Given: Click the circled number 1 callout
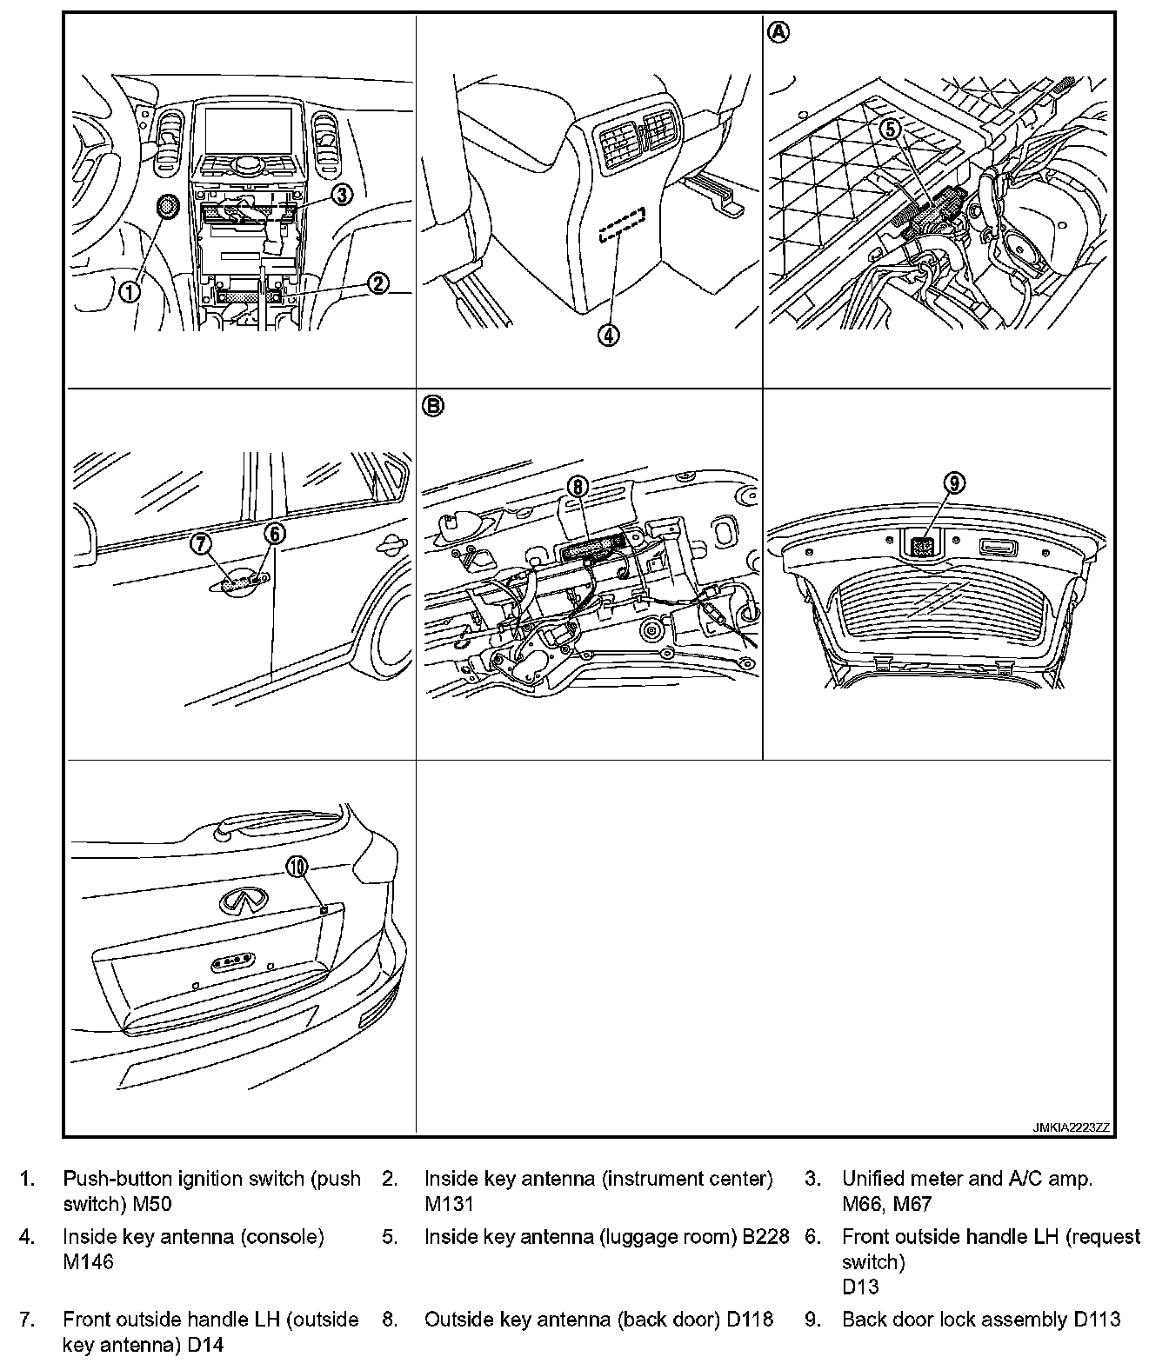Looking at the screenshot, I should tap(130, 292).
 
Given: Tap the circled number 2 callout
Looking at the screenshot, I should tap(377, 283).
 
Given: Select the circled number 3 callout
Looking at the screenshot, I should tap(343, 195).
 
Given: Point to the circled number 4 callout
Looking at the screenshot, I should tap(610, 335).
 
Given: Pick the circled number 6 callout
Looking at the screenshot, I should tap(274, 534).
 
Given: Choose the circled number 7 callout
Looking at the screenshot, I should tap(202, 543).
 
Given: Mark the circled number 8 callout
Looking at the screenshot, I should tap(578, 487).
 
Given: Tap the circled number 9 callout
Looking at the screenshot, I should tap(954, 483).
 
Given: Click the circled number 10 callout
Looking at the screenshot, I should tap(297, 866).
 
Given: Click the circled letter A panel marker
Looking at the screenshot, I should tap(778, 32).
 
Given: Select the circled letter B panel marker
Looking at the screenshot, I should tap(432, 404).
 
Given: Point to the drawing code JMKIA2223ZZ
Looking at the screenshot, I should tap(1071, 1127).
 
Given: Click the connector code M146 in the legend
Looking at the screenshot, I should tap(88, 1261).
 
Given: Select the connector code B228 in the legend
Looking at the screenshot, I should tap(765, 1236).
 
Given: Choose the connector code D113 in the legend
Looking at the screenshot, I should tap(1097, 1320).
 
